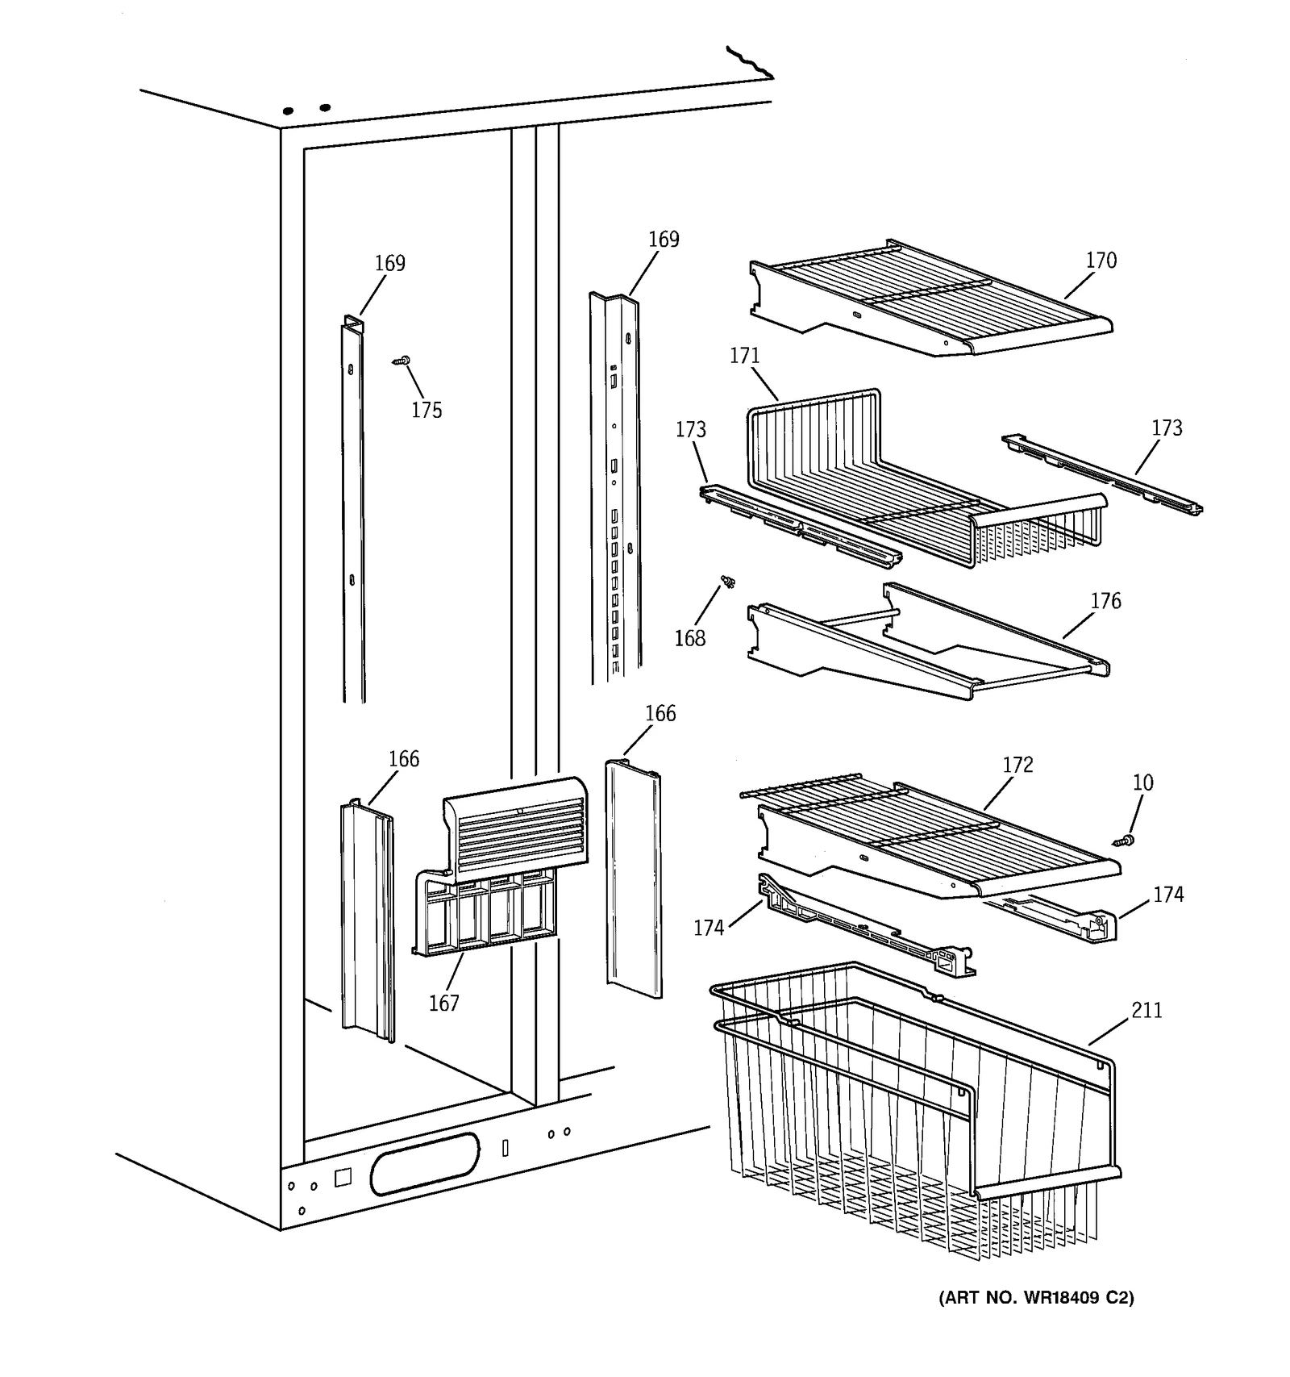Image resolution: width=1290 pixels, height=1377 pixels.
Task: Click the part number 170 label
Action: click(1101, 260)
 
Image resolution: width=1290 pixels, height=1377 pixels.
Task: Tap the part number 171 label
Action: click(744, 356)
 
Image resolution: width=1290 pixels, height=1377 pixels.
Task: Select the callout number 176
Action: click(1105, 601)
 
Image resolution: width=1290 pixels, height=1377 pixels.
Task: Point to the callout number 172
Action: click(1017, 765)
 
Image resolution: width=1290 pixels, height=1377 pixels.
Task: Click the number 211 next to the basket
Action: click(1146, 1010)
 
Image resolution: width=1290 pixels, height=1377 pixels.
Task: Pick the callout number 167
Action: click(443, 1003)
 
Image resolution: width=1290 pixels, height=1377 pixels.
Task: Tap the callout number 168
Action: click(689, 638)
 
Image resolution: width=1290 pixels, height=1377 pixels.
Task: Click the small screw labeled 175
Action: click(402, 361)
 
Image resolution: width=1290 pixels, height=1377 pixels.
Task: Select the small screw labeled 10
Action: click(1123, 841)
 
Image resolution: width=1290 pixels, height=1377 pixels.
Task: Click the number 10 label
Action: click(1142, 782)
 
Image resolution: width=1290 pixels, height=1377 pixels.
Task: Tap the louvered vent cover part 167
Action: click(516, 831)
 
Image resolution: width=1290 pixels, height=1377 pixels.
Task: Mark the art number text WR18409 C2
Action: click(1036, 1298)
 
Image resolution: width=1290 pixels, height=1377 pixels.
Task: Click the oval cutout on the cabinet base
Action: click(425, 1163)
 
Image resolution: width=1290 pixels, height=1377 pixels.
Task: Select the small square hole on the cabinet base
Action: click(343, 1177)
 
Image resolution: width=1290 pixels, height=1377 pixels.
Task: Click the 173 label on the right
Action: click(1167, 428)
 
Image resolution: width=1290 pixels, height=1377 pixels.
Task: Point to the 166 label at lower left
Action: click(403, 759)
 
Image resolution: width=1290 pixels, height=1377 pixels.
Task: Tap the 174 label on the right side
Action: click(1167, 895)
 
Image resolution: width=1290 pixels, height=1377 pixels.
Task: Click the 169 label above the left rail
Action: click(389, 263)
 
